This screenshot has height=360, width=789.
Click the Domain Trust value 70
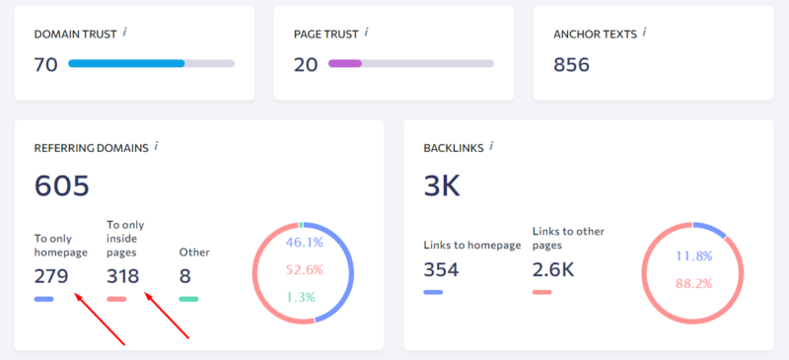click(45, 65)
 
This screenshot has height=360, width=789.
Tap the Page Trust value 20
click(306, 65)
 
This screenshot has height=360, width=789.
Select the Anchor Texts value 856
click(571, 65)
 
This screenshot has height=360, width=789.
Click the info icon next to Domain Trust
click(125, 33)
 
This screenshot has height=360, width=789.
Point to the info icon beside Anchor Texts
click(645, 33)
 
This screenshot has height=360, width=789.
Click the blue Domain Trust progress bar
click(126, 64)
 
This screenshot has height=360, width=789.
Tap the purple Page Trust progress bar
click(345, 64)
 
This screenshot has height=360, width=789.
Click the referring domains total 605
click(61, 185)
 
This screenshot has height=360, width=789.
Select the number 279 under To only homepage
click(51, 275)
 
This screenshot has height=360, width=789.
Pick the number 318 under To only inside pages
click(123, 275)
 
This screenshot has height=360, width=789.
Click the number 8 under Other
click(185, 275)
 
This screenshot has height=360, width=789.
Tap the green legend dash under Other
click(188, 299)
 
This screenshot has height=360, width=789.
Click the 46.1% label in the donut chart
click(305, 241)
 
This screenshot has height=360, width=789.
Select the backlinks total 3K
click(442, 185)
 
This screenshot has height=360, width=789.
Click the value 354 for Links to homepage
click(442, 269)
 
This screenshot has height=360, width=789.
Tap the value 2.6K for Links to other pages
click(553, 269)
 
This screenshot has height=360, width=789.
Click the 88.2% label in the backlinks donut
click(694, 284)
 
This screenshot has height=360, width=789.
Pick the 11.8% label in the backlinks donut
click(694, 256)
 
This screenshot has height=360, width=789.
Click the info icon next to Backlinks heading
click(491, 146)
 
